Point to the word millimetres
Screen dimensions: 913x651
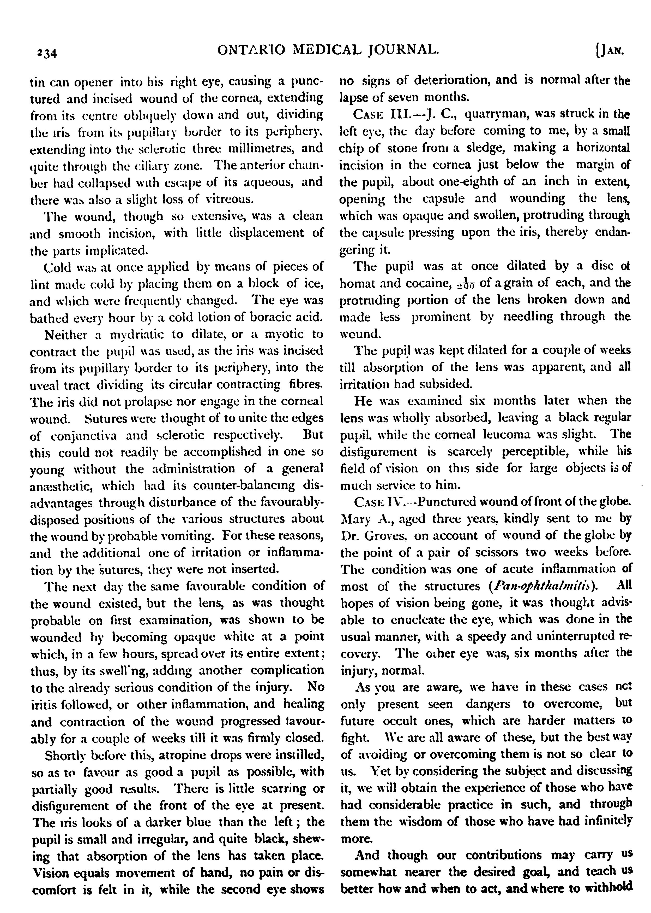click(273, 149)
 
